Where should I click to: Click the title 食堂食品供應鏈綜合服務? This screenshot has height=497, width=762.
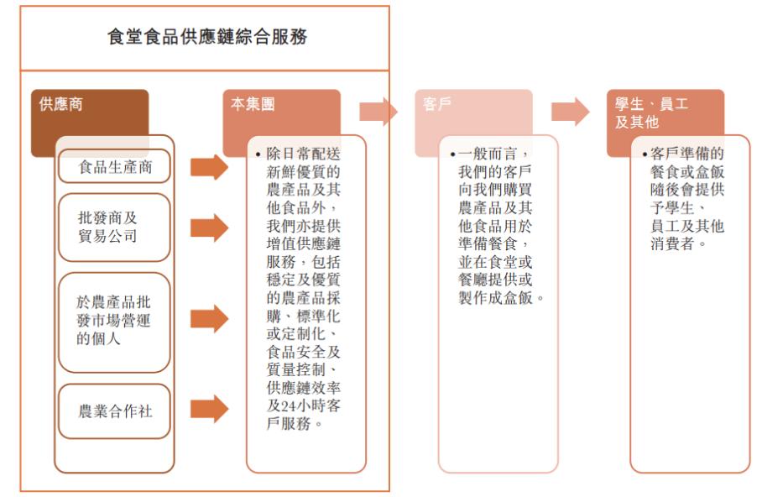207,37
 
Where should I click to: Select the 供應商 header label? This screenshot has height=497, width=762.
60,104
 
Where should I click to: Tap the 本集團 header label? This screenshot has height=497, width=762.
253,104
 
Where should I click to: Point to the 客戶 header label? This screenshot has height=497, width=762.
437,104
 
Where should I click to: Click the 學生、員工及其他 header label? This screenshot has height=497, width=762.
651,112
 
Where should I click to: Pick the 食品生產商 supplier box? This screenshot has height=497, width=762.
114,166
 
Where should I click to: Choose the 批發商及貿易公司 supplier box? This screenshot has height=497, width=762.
114,228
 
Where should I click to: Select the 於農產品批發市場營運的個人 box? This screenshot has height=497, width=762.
114,322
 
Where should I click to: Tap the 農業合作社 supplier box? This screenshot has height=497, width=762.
114,411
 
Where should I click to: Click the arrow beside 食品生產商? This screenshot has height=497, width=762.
210,167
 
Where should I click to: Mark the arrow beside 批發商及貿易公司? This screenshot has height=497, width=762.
210,228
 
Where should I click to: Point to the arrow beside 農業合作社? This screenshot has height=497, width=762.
210,409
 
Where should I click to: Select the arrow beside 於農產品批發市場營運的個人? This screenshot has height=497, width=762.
210,318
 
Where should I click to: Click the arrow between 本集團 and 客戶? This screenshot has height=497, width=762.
378,112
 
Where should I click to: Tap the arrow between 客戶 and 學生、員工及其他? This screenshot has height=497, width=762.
570,112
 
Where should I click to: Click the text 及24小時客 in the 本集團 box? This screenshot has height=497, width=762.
304,405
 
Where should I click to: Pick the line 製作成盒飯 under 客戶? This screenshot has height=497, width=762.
500,298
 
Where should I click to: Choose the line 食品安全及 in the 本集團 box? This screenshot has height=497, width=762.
304,352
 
